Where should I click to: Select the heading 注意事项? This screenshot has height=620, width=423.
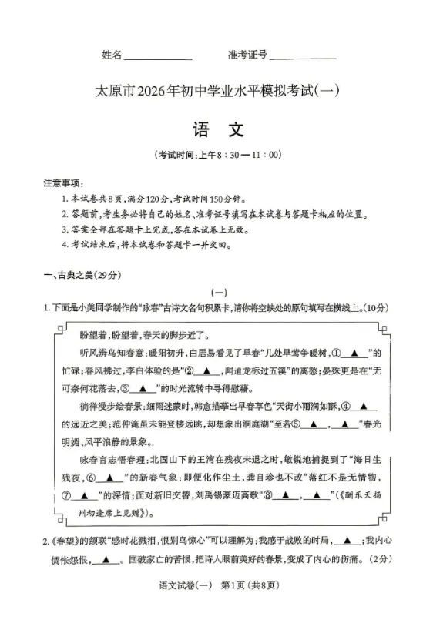62,183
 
